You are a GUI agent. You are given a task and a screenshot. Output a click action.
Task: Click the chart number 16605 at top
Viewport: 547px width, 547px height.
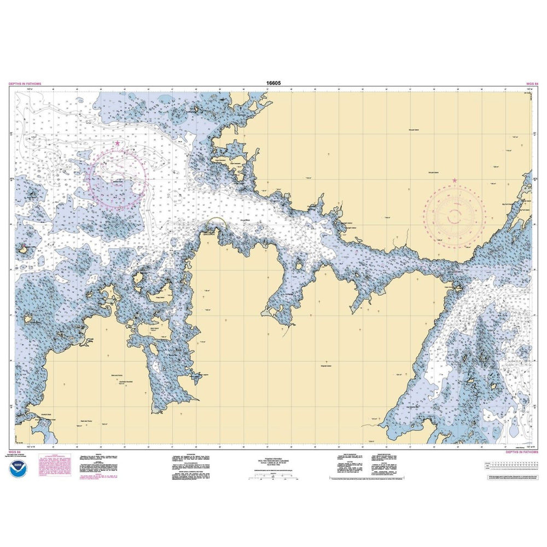[273, 84]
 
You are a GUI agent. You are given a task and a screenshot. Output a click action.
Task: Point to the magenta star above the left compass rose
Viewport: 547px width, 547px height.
[118, 143]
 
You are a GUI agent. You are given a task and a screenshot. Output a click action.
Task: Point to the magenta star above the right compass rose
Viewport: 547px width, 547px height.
[455, 180]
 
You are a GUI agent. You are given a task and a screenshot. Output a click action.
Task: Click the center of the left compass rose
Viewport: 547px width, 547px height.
[118, 179]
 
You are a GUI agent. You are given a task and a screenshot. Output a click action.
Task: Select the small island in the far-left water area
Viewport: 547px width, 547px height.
[25, 250]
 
